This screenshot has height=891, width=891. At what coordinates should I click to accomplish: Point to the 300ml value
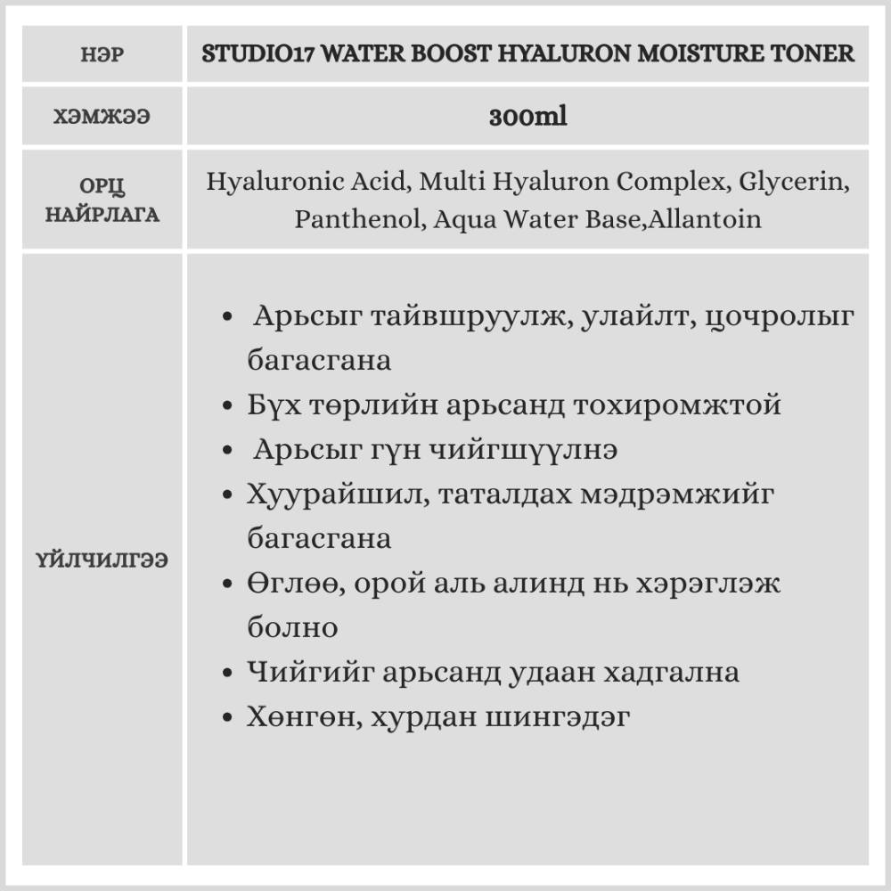tap(527, 118)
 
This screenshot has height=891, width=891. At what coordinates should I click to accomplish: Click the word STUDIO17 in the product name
tap(256, 53)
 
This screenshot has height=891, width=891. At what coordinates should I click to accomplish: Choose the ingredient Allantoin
tap(707, 219)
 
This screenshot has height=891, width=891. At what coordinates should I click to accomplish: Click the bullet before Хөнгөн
tap(228, 717)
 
